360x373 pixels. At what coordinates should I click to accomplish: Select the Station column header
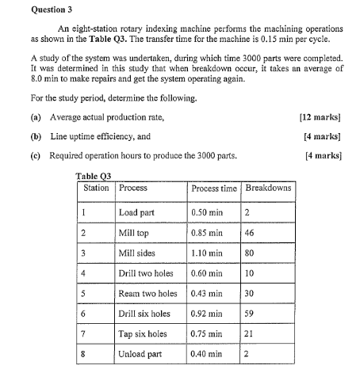(x=96, y=188)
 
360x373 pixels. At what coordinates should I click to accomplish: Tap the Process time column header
(x=214, y=188)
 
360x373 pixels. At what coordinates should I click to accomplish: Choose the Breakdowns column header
(x=268, y=188)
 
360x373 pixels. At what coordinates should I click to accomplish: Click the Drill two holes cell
(x=145, y=274)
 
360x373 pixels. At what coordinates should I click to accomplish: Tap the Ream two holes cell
(x=147, y=294)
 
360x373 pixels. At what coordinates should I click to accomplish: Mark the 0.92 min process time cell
(x=208, y=314)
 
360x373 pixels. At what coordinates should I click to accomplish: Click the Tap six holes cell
(x=143, y=333)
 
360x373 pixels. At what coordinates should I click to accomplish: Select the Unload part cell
(x=140, y=354)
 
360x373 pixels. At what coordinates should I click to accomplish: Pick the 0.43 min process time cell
(x=208, y=294)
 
